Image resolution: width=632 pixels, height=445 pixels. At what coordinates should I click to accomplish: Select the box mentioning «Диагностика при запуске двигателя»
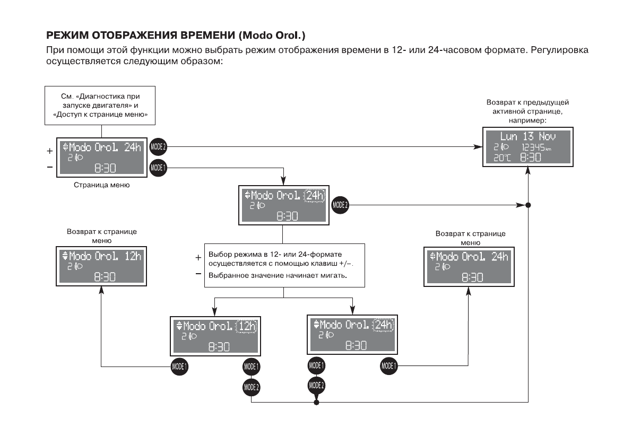click(100, 106)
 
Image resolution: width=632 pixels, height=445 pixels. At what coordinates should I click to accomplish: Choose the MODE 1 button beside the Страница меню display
click(159, 168)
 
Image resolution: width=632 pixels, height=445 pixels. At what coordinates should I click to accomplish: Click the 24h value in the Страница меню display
click(133, 147)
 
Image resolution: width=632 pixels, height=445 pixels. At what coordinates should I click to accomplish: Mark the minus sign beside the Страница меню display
click(49, 167)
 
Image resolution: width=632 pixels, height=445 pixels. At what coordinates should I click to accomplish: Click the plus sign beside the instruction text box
click(198, 258)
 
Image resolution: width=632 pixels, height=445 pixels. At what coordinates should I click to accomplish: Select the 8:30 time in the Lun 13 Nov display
click(530, 158)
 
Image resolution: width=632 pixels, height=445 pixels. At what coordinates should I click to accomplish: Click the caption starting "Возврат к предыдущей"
click(527, 102)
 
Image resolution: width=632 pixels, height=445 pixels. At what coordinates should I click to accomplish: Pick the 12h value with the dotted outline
click(247, 326)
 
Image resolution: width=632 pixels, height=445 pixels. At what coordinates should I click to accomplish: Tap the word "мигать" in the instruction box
click(334, 275)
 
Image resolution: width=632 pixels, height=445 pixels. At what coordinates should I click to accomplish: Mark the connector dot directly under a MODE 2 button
click(317, 403)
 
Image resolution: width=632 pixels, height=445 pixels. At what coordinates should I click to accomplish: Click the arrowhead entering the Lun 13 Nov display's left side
click(479, 146)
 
